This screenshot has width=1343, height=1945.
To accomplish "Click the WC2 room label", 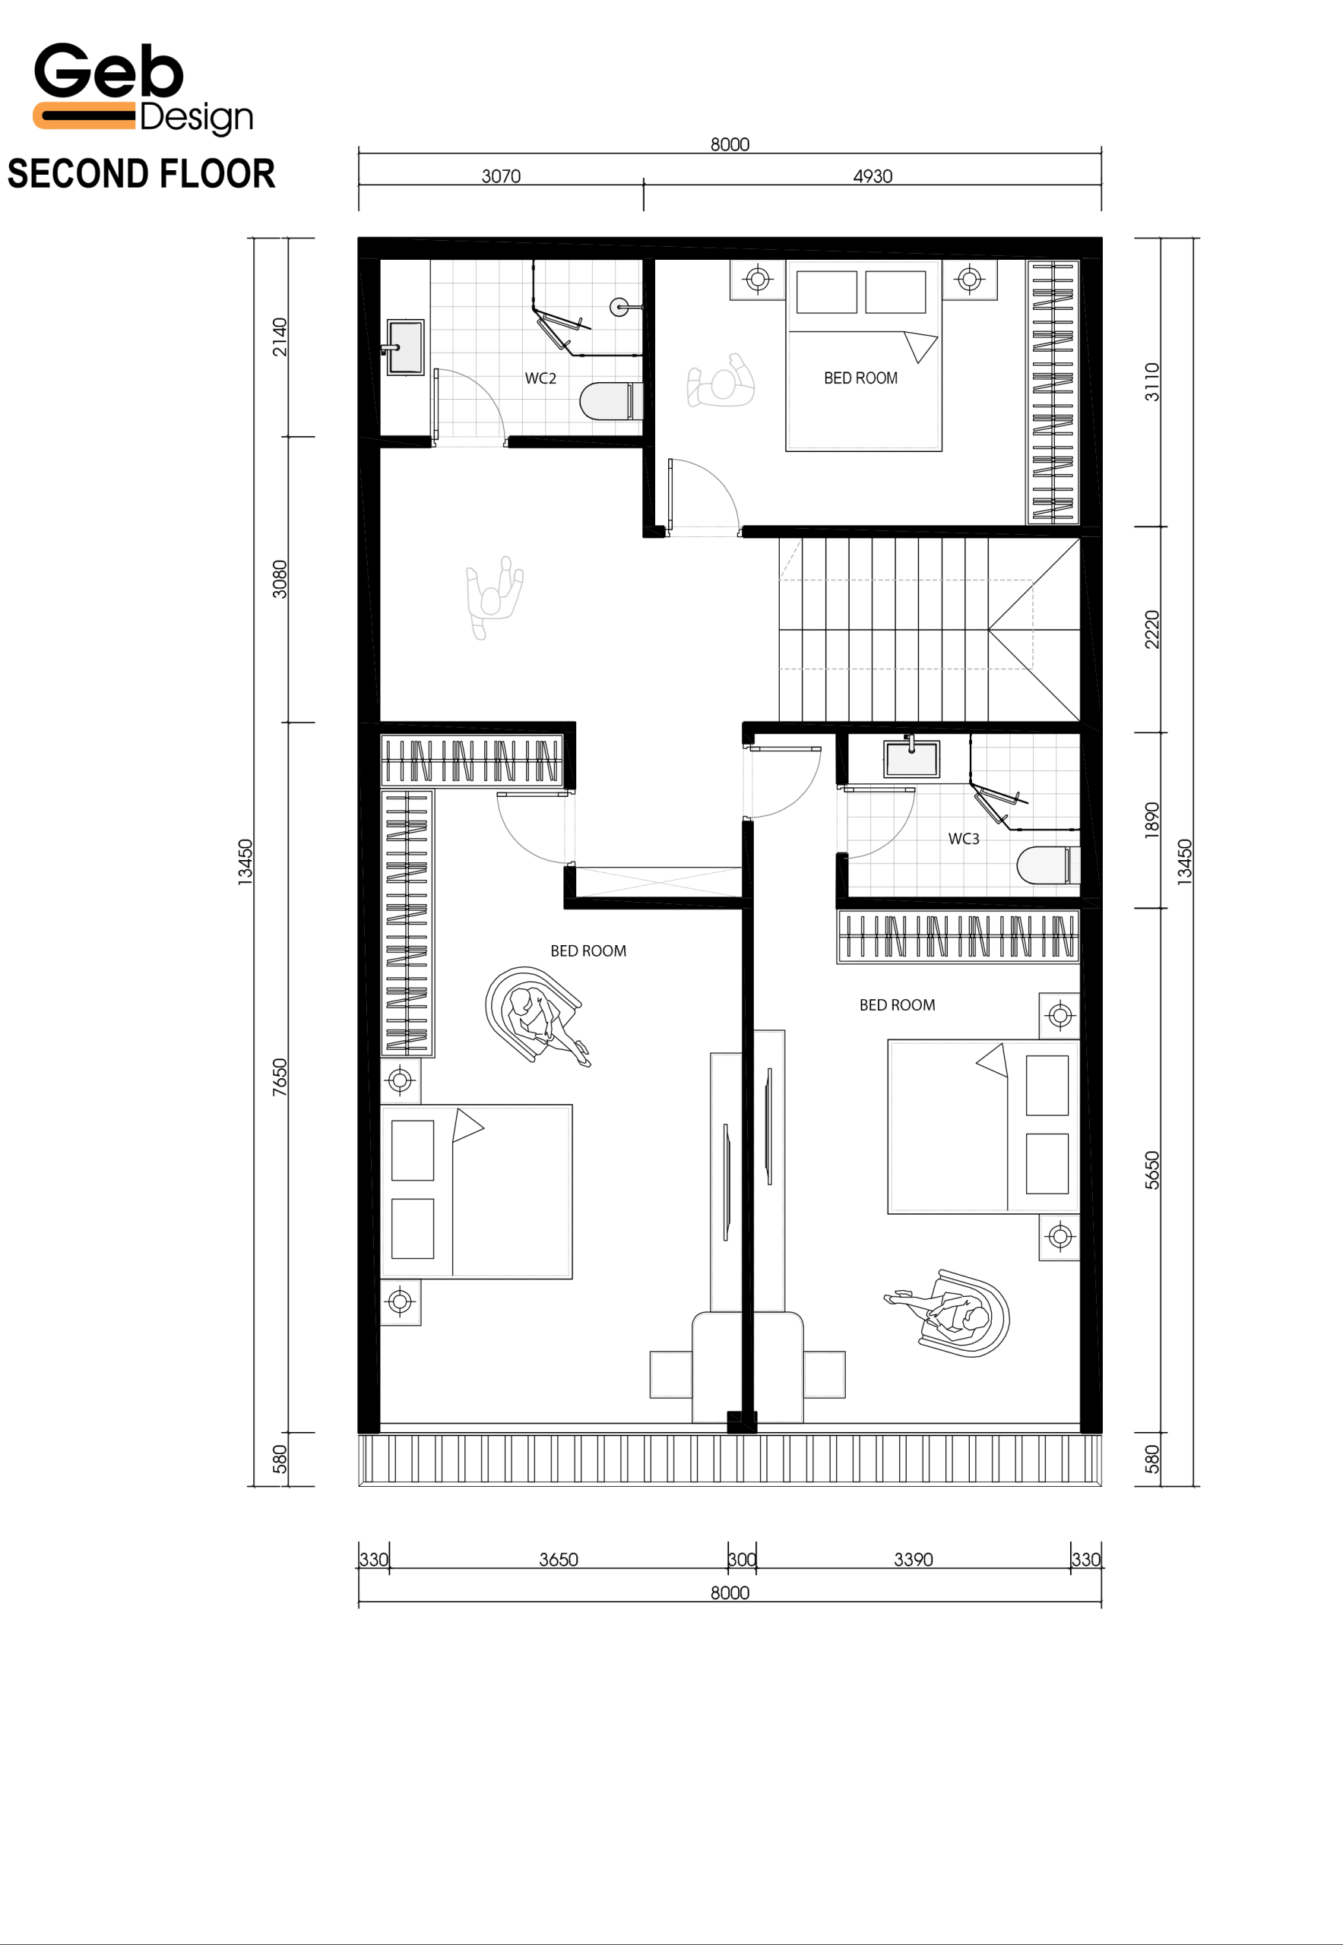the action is click(x=540, y=378).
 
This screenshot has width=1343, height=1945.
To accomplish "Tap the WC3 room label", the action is click(x=964, y=839).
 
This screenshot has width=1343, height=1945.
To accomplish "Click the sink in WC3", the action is click(x=911, y=758).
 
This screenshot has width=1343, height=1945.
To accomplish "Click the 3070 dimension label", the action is click(x=501, y=176).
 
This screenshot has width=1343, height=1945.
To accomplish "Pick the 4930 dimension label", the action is click(x=873, y=176).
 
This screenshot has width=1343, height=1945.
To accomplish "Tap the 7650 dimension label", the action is click(x=280, y=1077).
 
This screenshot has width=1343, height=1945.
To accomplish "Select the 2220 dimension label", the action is click(x=1151, y=629).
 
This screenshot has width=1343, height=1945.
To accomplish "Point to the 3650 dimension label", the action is click(x=559, y=1559).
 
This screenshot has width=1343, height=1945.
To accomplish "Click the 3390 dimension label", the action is click(x=913, y=1559).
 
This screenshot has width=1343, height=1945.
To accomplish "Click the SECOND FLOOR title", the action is click(x=141, y=174).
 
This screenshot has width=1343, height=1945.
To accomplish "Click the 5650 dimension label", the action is click(x=1151, y=1169).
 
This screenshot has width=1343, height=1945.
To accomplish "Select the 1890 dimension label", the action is click(x=1151, y=821).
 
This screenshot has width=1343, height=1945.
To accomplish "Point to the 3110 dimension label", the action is click(x=1151, y=381).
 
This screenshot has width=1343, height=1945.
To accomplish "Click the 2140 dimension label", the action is click(x=280, y=337).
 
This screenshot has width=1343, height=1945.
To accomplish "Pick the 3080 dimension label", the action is click(x=280, y=579).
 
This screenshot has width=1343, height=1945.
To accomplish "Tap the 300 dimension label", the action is click(x=741, y=1559).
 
